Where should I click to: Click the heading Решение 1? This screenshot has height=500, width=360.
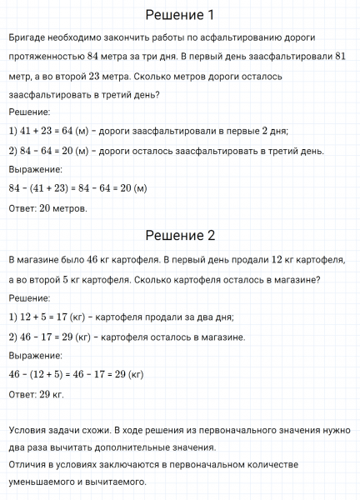tap(180, 15)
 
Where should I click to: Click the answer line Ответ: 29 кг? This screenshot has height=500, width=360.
tap(35, 393)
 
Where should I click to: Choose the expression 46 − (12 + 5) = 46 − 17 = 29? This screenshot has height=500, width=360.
tap(76, 374)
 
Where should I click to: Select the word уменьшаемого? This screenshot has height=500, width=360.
tap(43, 482)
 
